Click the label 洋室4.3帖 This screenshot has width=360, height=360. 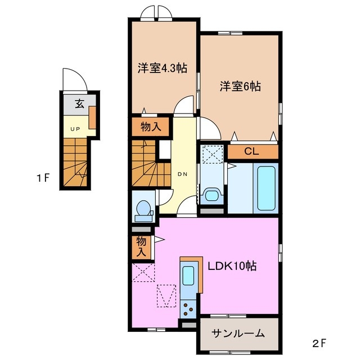click(162, 69)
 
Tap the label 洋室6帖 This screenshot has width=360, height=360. click(240, 86)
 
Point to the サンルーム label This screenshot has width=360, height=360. click(238, 334)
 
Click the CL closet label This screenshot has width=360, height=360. click(251, 151)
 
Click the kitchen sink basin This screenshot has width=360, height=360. click(188, 277)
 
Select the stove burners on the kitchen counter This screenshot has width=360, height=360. click(188, 307)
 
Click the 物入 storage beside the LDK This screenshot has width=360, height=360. click(142, 247)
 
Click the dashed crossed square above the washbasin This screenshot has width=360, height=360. click(212, 154)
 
